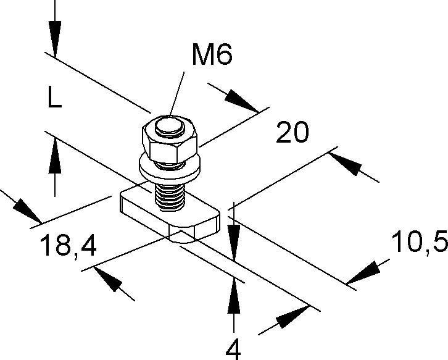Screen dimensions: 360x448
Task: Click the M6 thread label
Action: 211,56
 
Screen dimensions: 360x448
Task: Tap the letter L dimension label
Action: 54,98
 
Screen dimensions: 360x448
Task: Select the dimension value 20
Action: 291,133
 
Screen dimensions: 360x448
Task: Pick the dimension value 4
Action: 233,349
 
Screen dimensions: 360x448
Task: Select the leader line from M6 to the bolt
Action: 177,93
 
